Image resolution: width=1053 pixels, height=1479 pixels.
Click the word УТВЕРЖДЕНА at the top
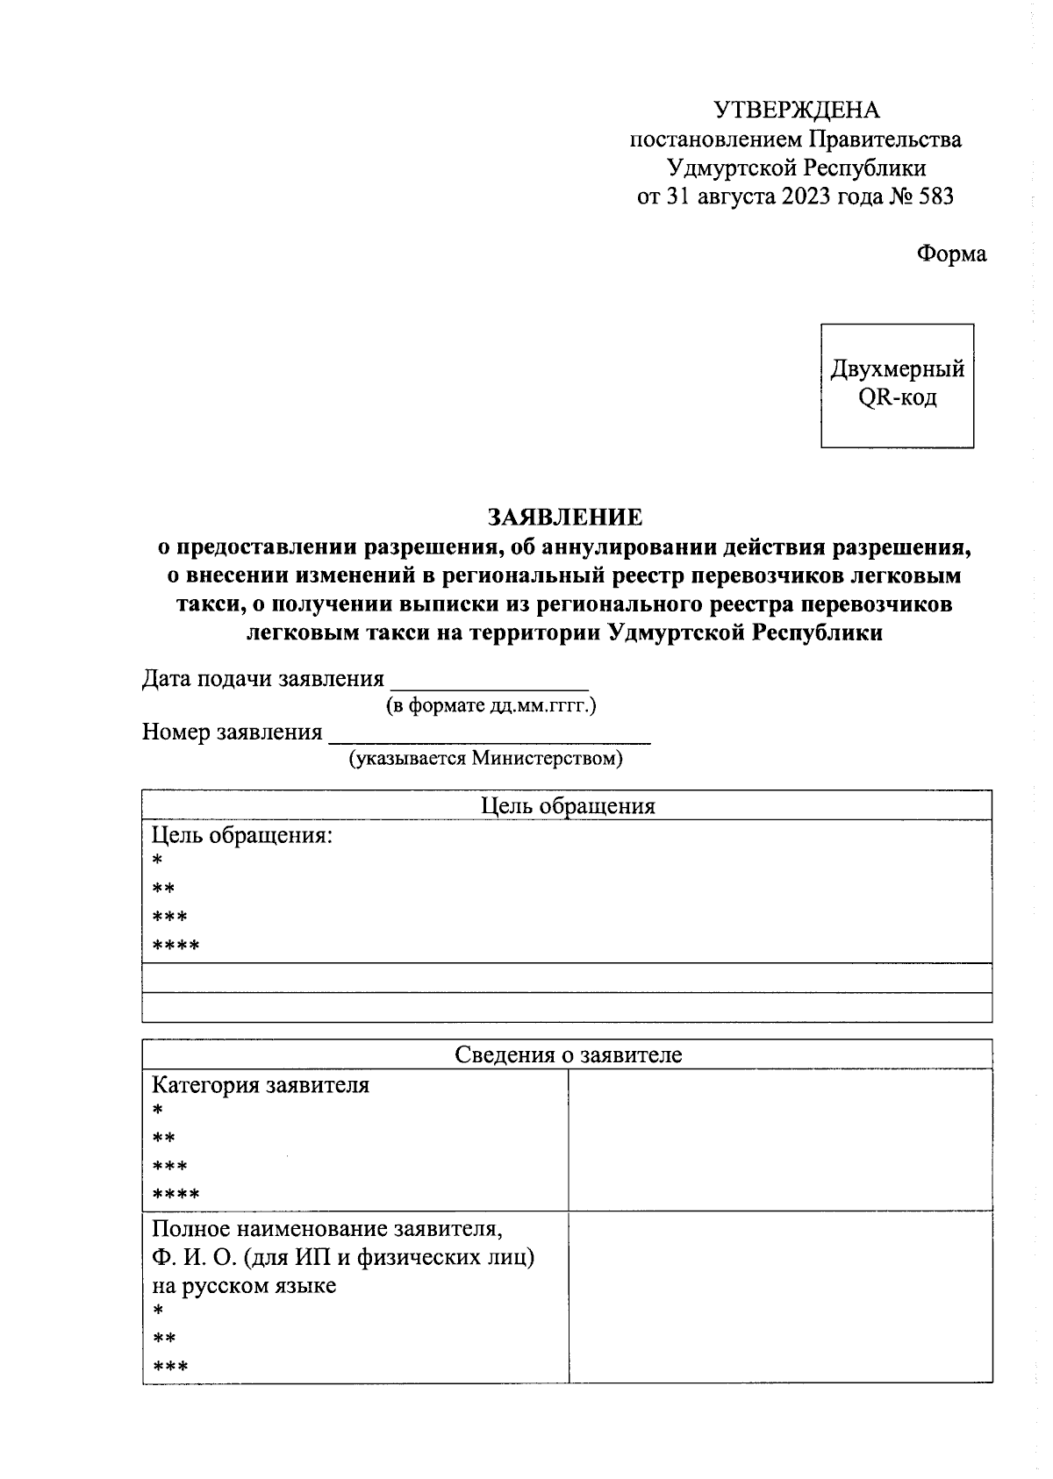pyautogui.click(x=795, y=111)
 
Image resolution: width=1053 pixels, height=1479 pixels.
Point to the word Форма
pyautogui.click(x=951, y=254)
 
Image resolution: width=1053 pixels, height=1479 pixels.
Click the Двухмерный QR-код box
pyautogui.click(x=897, y=385)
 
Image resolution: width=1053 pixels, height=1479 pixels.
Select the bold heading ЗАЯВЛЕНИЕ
pyautogui.click(x=565, y=517)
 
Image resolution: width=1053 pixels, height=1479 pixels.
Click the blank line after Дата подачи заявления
pyautogui.click(x=489, y=681)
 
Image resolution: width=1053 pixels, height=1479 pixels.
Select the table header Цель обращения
pyautogui.click(x=568, y=805)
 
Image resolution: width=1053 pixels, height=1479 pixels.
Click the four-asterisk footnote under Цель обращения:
pyautogui.click(x=175, y=947)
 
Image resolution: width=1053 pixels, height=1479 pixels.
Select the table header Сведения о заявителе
pyautogui.click(x=568, y=1054)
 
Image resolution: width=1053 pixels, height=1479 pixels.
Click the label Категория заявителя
pyautogui.click(x=261, y=1085)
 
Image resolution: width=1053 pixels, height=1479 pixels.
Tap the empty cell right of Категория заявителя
pyautogui.click(x=780, y=1140)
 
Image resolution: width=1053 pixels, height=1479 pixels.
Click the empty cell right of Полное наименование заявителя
pyautogui.click(x=780, y=1297)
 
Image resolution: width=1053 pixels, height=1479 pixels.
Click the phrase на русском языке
pyautogui.click(x=244, y=1286)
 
